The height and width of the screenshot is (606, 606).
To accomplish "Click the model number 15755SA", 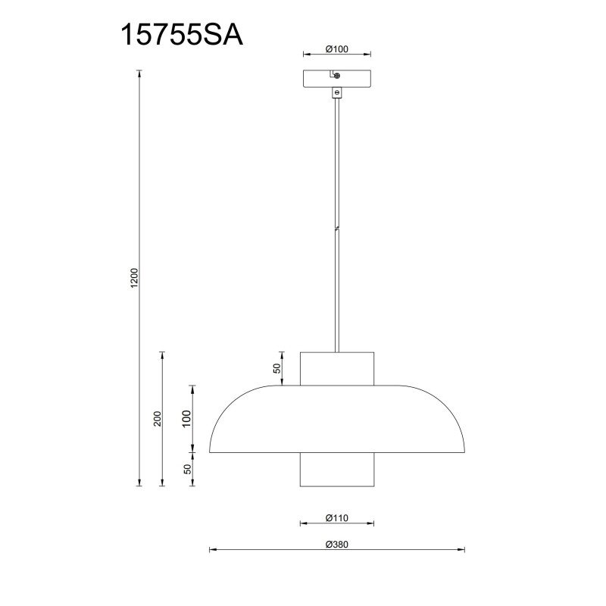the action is click(182, 35).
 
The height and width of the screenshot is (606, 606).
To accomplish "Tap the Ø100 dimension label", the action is click(336, 49).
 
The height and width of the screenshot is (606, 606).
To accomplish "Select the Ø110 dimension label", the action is click(336, 518).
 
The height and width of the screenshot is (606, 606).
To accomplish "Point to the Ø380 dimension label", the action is click(336, 545).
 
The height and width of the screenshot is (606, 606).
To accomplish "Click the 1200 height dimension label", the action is click(134, 278).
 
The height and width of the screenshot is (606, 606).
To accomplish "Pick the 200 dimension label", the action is click(158, 419).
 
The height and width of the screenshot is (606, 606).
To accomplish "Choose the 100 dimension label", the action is click(186, 419).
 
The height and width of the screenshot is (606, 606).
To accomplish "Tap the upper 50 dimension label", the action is click(277, 369).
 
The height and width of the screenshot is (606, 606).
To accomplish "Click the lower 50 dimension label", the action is click(187, 469).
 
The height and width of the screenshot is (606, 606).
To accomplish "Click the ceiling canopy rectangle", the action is click(337, 79).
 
